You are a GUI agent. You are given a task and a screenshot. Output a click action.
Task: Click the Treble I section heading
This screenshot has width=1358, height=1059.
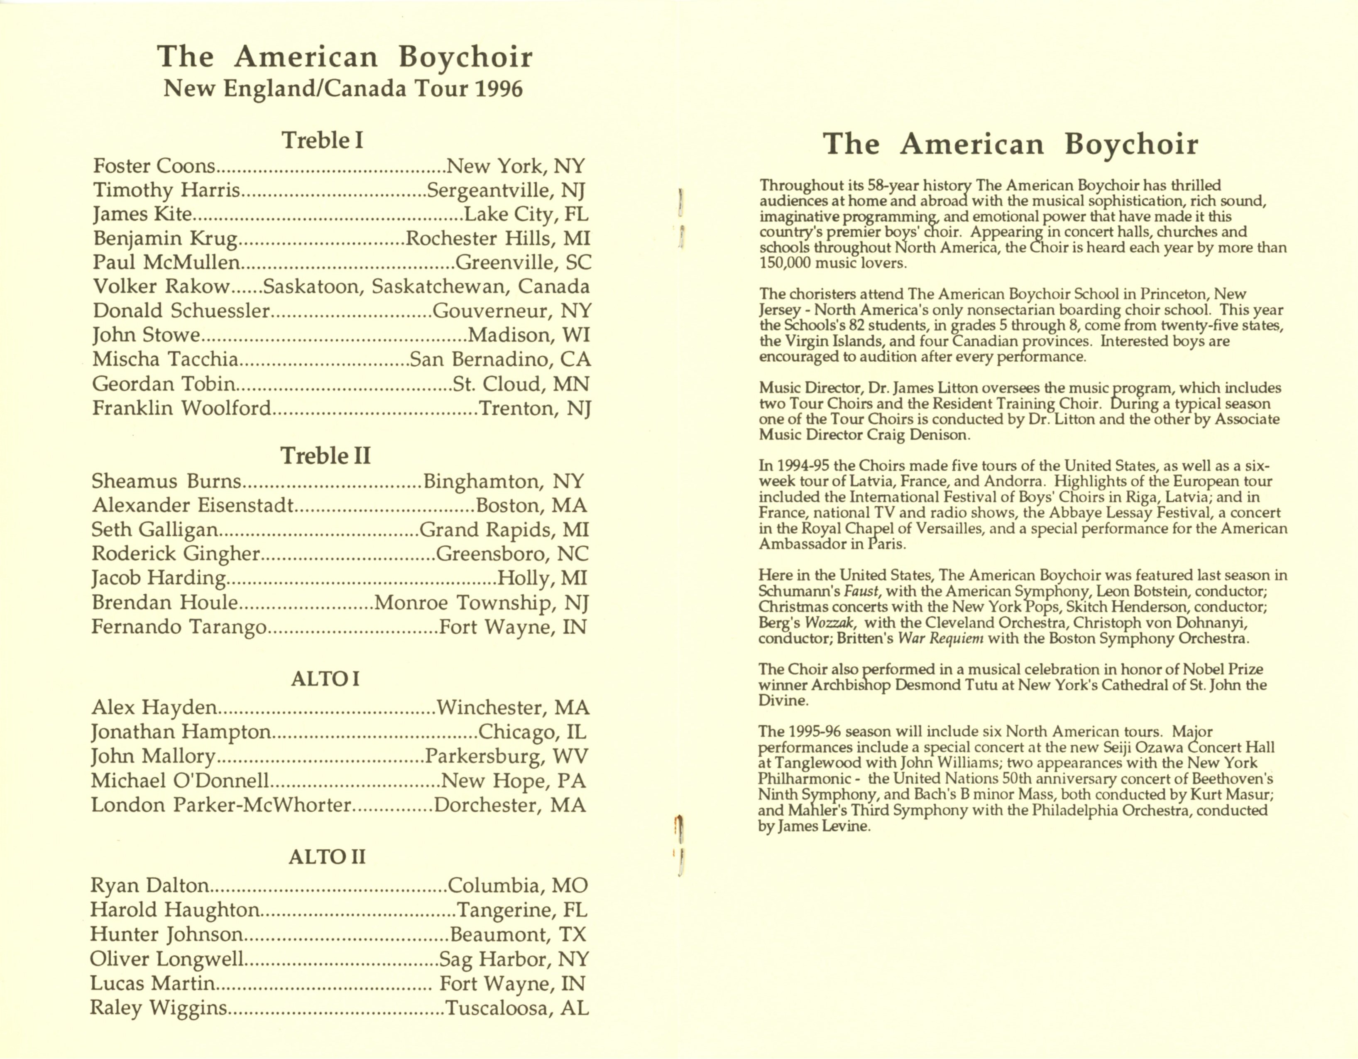tap(323, 140)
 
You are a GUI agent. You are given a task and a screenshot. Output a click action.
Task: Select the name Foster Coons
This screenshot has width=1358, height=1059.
tap(154, 166)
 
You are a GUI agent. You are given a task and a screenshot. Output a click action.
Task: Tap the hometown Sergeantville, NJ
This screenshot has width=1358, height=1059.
tap(506, 190)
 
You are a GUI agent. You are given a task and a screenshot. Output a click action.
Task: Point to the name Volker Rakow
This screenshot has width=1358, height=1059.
tap(161, 287)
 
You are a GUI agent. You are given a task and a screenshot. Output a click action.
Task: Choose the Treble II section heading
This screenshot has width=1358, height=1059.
tap(325, 456)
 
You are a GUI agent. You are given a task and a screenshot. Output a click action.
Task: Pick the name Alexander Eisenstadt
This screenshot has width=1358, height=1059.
tap(192, 505)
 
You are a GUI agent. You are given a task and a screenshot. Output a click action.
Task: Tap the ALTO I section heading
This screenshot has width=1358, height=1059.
tap(325, 679)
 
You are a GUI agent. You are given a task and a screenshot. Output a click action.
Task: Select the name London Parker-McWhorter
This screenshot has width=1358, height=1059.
tap(221, 805)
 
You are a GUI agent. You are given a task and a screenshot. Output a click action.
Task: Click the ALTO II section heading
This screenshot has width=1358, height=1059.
tap(326, 858)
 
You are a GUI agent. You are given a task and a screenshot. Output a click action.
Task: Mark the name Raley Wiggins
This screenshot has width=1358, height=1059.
tap(159, 1008)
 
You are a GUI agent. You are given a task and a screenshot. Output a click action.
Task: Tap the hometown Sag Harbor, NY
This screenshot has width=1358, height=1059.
tap(513, 959)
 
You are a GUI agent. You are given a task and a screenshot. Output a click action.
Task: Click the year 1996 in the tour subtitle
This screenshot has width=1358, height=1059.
tap(499, 89)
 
